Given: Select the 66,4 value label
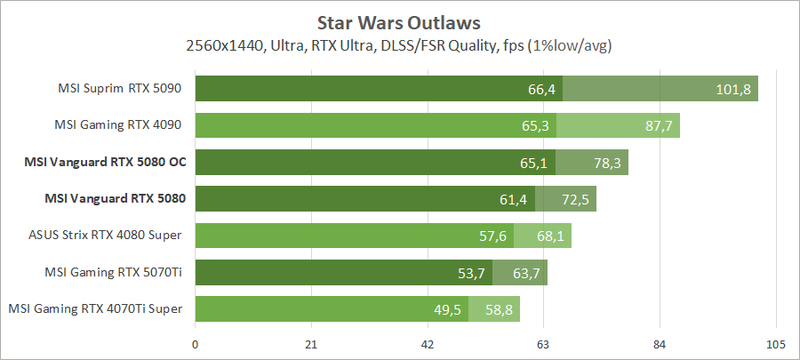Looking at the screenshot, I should (541, 89).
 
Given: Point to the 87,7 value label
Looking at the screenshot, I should (659, 125).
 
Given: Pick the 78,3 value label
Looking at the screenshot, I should (607, 162).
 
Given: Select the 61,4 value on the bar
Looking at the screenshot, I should (514, 199).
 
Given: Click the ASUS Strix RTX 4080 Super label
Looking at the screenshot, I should (106, 236).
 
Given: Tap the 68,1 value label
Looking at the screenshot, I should (550, 236).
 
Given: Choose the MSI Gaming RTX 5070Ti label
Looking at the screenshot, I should (114, 272).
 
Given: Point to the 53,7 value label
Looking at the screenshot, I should (472, 272).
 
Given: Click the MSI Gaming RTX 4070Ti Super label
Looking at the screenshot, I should (96, 308).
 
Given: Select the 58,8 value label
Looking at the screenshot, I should (500, 308).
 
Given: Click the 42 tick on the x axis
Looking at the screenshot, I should (428, 345).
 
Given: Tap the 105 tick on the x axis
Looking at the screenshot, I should (776, 345).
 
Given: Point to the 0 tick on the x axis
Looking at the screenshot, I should (195, 345).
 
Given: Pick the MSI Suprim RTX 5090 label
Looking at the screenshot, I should (120, 89).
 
